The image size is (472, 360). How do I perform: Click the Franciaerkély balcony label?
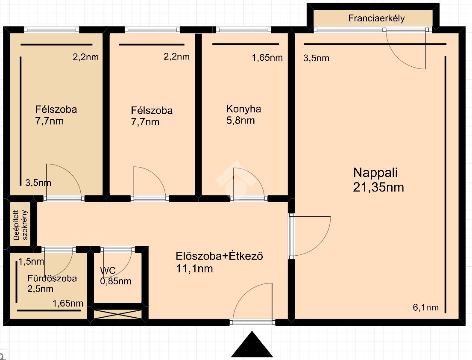tap(376, 18)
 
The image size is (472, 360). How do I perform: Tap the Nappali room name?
tap(375, 173)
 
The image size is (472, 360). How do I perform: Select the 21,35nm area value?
tap(378, 187)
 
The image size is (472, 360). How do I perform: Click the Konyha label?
tap(243, 109)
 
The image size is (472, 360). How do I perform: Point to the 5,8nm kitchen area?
tap(240, 121)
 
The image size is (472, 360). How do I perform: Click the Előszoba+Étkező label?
tap(220, 257)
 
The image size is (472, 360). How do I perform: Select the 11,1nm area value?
tap(194, 269)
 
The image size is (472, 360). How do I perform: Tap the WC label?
tap(108, 271)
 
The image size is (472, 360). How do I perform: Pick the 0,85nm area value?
tap(116, 281)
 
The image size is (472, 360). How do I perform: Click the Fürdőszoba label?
tap(52, 278)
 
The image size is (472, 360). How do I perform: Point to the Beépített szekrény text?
tap(21, 225)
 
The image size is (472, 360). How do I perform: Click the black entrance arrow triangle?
tap(252, 344)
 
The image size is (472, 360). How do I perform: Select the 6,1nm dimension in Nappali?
tap(425, 307)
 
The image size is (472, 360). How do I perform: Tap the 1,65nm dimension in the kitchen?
tap(267, 58)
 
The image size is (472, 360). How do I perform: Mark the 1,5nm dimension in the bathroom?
tap(31, 262)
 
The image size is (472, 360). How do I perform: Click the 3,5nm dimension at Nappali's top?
tap(316, 58)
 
